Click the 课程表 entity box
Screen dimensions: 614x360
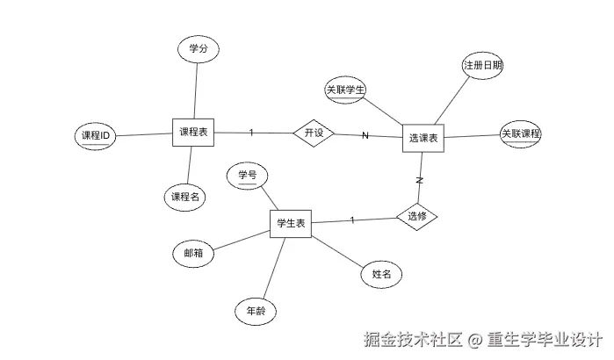pyautogui.click(x=193, y=133)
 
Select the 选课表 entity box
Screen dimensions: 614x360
pyautogui.click(x=423, y=138)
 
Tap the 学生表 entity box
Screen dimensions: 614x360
pyautogui.click(x=291, y=224)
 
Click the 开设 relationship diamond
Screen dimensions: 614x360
pyautogui.click(x=314, y=133)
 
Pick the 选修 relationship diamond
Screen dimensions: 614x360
pyautogui.click(x=416, y=216)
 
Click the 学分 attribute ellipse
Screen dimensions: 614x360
pyautogui.click(x=198, y=49)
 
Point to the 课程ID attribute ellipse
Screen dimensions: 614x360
pyautogui.click(x=95, y=136)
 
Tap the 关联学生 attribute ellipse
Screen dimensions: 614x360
pyautogui.click(x=345, y=90)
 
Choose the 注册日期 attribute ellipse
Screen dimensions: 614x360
pyautogui.click(x=482, y=66)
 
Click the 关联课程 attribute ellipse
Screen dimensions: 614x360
pyautogui.click(x=521, y=134)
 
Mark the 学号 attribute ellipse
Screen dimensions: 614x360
pyautogui.click(x=247, y=176)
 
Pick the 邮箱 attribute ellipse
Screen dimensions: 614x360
pyautogui.click(x=193, y=253)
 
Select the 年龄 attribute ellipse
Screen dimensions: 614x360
pyautogui.click(x=256, y=311)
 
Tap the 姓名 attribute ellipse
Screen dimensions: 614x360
pyautogui.click(x=381, y=275)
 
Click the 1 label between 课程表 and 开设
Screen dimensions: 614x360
pyautogui.click(x=251, y=133)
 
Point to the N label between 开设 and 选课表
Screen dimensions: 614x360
pyautogui.click(x=365, y=135)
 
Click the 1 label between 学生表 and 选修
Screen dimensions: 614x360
pyautogui.click(x=352, y=219)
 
